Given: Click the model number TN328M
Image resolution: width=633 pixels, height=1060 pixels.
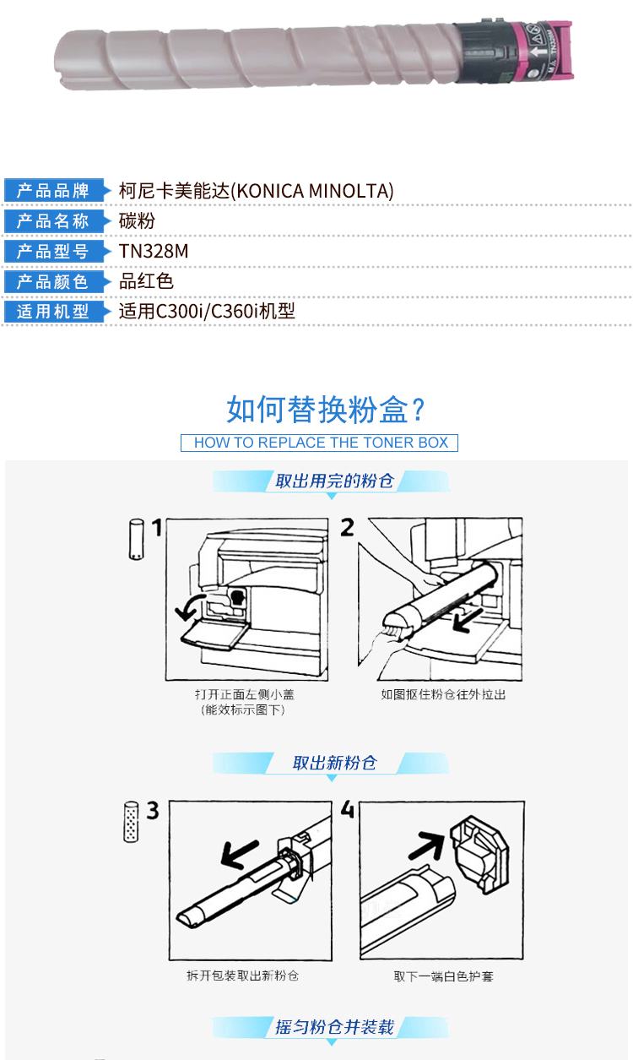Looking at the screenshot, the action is coord(154,251).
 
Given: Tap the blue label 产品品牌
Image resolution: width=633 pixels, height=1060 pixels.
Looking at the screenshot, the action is coord(53,190).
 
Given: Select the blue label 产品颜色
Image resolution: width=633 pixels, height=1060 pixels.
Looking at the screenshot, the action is coord(53,281).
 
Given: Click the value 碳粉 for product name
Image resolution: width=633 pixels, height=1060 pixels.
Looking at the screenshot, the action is coord(137,221).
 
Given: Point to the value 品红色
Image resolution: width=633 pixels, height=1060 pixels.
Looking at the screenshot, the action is coord(146,281).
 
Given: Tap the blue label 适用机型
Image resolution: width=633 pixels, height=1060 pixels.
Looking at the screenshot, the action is coord(53,312).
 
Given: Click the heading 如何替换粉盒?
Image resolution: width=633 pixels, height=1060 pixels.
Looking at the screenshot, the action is coord(326,410).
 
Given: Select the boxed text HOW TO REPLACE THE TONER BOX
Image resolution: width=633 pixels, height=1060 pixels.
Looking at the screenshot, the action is coord(320,443).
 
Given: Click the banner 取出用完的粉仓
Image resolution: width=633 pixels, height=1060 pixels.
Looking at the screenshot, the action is coord(334,481).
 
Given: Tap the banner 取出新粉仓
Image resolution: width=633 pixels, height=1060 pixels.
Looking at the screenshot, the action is coord(334,763).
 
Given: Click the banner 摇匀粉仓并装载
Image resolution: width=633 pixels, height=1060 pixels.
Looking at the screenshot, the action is coord(334,1027).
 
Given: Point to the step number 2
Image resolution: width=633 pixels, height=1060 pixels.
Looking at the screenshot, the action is coord(348,527).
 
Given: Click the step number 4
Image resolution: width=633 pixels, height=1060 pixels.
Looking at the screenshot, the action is coord(348,810).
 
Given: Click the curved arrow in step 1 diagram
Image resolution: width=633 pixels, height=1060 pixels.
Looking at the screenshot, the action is coord(188,606).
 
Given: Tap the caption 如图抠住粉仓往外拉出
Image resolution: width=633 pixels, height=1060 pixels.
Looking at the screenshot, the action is coord(443,694).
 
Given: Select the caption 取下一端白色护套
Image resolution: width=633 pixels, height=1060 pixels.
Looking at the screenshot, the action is coord(443,976).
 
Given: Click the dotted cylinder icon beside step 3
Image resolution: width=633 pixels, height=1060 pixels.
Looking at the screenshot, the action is coord(131,822).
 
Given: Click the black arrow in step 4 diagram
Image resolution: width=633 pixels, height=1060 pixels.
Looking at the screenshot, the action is coord(427,845).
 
